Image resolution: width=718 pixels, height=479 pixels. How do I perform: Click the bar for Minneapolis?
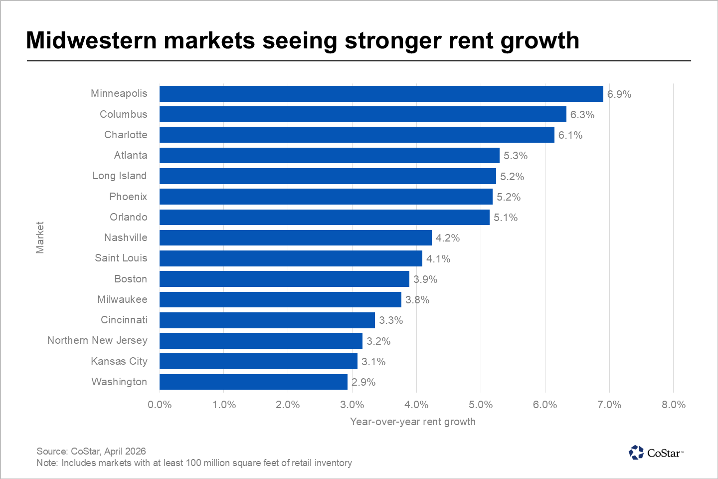pos(381,94)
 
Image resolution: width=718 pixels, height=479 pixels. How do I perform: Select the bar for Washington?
pos(253,382)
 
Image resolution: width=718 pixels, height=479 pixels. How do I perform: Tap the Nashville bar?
pos(295,238)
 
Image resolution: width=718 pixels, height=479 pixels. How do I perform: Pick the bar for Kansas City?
pos(258,361)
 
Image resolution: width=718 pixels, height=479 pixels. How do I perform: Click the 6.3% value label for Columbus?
pos(582,115)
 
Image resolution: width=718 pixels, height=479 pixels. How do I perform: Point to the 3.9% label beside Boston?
pos(425,279)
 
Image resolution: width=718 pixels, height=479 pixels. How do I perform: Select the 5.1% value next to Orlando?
pos(506,218)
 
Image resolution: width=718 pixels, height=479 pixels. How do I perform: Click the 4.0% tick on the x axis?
pos(416,405)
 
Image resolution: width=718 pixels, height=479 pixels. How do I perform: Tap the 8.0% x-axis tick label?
pos(674,405)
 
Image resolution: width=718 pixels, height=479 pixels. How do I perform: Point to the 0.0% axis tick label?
pos(160,405)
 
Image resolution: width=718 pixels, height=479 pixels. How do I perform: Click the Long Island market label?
pos(120,176)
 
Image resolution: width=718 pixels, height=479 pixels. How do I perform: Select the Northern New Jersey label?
pos(97,340)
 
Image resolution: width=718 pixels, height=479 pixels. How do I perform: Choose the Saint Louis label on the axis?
pos(121,258)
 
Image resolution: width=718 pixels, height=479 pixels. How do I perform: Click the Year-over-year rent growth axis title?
pos(413,422)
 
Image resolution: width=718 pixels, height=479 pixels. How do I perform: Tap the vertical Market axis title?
pos(40,238)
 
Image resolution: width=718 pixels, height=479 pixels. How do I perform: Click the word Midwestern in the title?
pos(91,40)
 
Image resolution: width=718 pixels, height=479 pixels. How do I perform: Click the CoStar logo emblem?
pos(636,453)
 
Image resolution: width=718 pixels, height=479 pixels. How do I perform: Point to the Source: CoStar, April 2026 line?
pos(91,451)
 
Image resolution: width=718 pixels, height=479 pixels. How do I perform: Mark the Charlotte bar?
pos(357,135)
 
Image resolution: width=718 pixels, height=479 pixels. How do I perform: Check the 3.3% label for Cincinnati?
pos(391,320)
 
